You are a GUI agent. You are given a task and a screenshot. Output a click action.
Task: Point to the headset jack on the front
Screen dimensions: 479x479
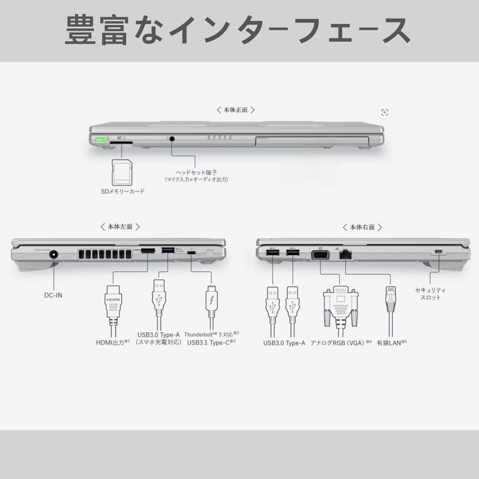click(x=171, y=139)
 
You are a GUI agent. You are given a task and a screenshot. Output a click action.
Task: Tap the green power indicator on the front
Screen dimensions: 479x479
click(x=101, y=140)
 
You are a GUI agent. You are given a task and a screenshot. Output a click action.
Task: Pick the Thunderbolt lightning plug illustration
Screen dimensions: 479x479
click(x=211, y=302)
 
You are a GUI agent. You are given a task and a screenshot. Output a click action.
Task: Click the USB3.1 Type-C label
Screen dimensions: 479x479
click(x=211, y=342)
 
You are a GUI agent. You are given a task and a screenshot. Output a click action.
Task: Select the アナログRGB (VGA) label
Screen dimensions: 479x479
click(x=341, y=342)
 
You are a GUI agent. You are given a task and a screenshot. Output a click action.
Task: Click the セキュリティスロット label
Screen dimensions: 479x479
click(x=430, y=294)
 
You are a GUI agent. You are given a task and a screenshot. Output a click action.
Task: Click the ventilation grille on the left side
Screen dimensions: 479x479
click(x=103, y=255)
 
